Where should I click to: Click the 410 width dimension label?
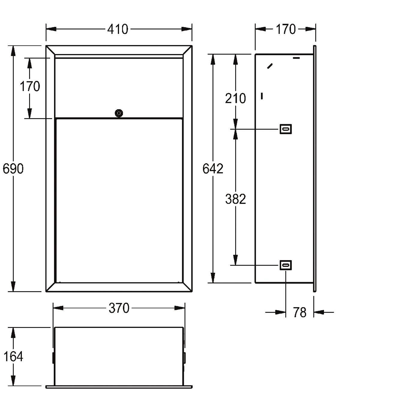118,29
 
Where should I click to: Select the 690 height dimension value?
13,169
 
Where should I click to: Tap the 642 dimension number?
213,169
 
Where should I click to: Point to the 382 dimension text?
235,199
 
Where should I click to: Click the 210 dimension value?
235,98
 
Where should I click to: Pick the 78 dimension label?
300,312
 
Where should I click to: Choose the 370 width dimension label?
119,308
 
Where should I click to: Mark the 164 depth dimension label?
13,357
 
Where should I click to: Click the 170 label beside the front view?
30,86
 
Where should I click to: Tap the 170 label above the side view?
286,29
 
